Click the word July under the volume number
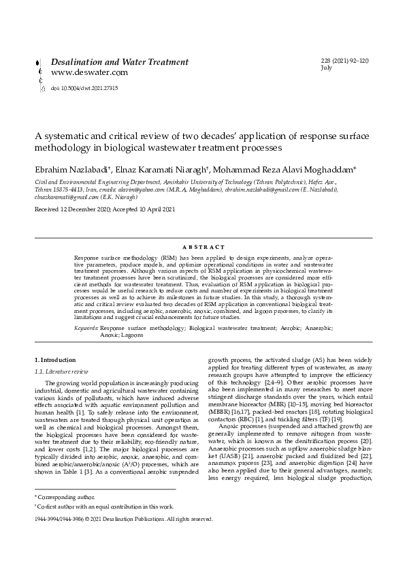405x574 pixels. [326, 68]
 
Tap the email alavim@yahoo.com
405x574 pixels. [146, 190]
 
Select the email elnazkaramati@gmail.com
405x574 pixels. [65, 196]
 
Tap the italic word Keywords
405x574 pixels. [86, 328]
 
